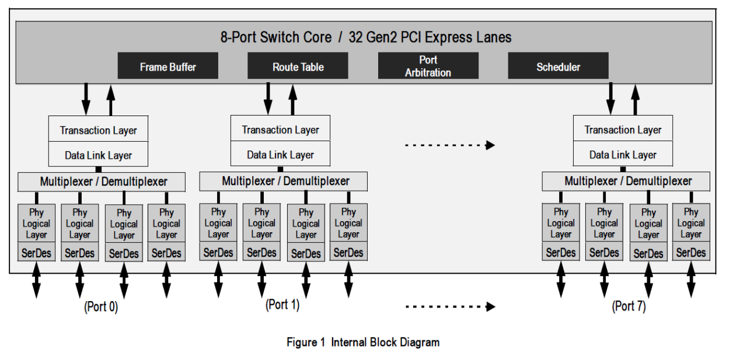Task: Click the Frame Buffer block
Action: (168, 67)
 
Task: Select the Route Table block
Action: (298, 67)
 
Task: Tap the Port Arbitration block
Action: (428, 66)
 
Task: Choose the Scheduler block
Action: (558, 67)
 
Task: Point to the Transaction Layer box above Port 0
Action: (98, 130)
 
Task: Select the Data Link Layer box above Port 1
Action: (280, 155)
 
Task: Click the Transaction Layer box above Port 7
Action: (623, 130)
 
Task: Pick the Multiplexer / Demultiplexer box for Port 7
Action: (626, 181)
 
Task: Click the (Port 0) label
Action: (101, 307)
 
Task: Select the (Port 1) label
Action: (282, 304)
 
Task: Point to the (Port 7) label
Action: (629, 306)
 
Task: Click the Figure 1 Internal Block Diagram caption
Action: (362, 342)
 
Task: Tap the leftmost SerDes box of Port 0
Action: (36, 253)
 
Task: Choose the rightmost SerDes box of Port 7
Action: (691, 253)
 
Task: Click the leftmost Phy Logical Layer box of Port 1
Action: (218, 223)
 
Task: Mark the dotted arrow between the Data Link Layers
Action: (449, 146)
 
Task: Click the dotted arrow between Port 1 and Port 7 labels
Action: (449, 306)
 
